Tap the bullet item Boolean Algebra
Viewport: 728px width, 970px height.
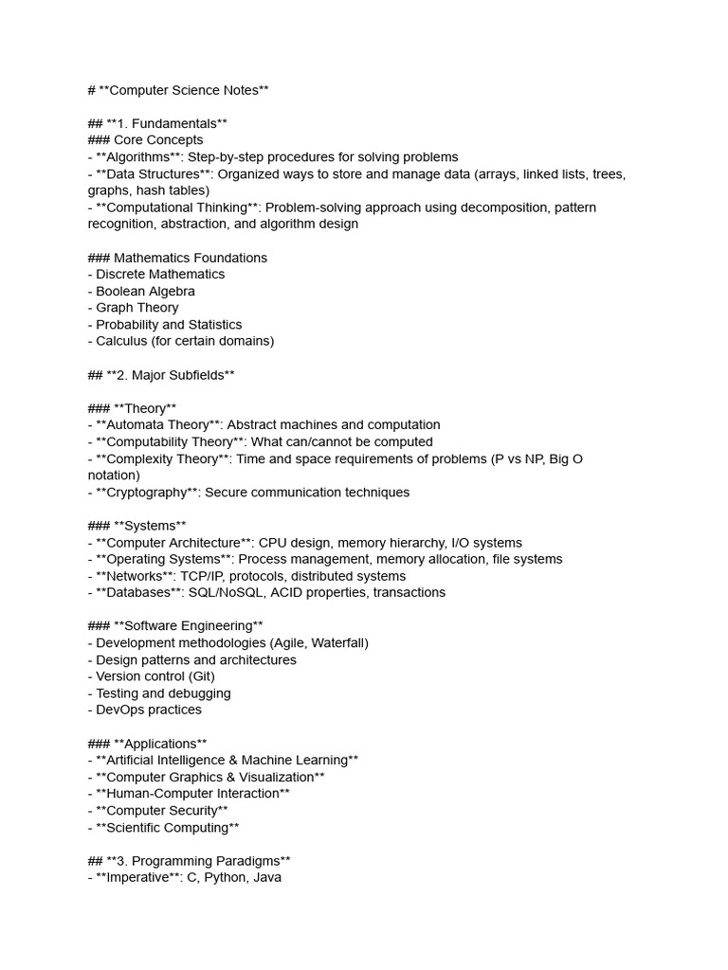(x=145, y=291)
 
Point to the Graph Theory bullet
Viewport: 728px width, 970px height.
(x=136, y=308)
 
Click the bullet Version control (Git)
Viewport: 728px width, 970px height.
(x=155, y=676)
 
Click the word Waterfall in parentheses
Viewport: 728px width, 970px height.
(x=335, y=643)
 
